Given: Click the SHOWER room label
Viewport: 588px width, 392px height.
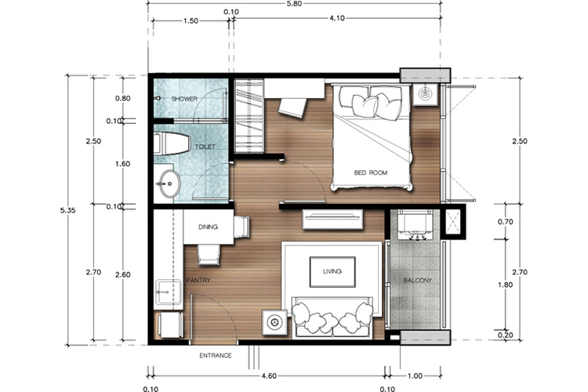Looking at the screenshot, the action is click(x=184, y=99).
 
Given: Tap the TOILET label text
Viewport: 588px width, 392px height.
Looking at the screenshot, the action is click(x=205, y=147).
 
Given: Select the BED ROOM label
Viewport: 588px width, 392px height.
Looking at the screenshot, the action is click(x=371, y=172).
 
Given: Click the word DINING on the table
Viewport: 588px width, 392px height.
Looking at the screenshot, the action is click(x=208, y=227).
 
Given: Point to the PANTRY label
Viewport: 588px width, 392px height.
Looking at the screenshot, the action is click(x=198, y=280).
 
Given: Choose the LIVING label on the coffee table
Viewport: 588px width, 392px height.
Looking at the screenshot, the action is click(x=332, y=271).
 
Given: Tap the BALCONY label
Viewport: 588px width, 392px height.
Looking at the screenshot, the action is click(x=417, y=280).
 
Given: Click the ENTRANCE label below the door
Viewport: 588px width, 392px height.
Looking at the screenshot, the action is click(x=216, y=356).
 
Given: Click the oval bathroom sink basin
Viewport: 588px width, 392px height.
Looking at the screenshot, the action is click(x=169, y=183).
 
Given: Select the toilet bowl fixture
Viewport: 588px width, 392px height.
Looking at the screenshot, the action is click(x=171, y=143).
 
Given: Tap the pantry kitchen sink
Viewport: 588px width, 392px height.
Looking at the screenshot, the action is click(x=168, y=292).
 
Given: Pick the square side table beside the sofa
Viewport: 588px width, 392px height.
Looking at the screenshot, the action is click(x=275, y=322).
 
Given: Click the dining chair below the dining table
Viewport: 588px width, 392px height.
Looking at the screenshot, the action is click(x=209, y=255).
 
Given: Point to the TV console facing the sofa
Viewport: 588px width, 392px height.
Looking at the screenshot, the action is click(x=332, y=219).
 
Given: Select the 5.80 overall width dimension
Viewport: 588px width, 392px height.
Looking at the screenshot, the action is click(x=295, y=4).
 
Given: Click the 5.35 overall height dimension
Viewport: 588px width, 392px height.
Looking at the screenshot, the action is click(x=68, y=210).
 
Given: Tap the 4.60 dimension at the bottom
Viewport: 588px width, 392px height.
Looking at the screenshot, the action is click(x=269, y=376).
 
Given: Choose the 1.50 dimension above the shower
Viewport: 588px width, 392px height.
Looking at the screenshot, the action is click(x=191, y=21).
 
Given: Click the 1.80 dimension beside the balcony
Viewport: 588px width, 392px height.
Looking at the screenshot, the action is click(x=505, y=285).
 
